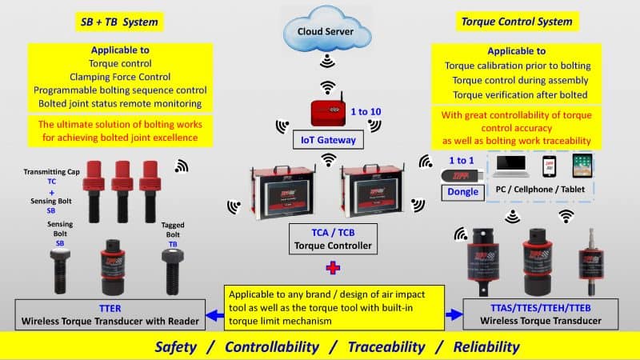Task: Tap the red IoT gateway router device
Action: (x=327, y=113)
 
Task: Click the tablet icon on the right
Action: (x=581, y=167)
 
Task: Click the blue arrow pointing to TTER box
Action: (x=211, y=314)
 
